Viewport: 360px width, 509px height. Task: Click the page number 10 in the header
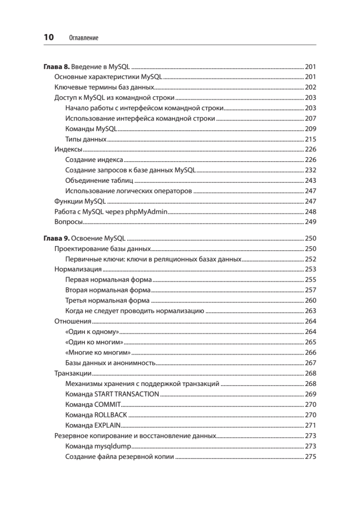49,37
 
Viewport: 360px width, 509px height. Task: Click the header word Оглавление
83,38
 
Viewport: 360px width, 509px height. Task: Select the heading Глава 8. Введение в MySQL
87,67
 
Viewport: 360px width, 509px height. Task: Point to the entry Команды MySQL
92,129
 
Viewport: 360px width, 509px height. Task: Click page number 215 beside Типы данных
310,140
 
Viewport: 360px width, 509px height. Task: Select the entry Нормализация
78,269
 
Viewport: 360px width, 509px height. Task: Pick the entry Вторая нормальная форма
108,290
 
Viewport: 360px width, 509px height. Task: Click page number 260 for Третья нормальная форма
310,301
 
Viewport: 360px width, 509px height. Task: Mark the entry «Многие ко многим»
98,352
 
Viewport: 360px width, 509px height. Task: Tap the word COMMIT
108,404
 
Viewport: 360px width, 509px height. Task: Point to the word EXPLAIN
108,425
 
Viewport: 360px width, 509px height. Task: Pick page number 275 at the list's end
310,457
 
